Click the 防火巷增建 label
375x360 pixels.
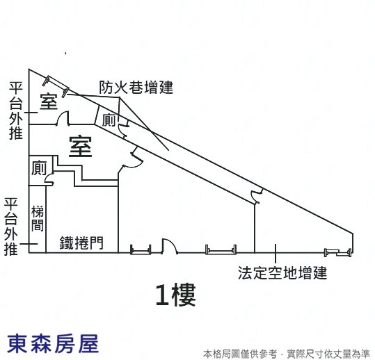click(136, 88)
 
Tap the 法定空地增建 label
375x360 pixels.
click(282, 273)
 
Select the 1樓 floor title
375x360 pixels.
click(176, 295)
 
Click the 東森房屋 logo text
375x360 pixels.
click(53, 344)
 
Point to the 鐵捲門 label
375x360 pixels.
click(81, 243)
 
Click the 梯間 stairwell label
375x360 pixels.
click(38, 218)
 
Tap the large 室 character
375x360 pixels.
click(81, 147)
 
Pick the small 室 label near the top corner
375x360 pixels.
click(49, 101)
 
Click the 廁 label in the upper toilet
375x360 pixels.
click(109, 120)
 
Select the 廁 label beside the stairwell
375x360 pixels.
click(39, 167)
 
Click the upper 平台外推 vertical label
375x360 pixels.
click(16, 111)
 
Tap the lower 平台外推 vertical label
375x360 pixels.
click(11, 226)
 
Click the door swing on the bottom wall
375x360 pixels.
click(170, 246)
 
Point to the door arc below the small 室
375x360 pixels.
click(63, 117)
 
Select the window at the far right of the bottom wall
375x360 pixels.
click(338, 252)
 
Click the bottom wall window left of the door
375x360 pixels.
click(141, 249)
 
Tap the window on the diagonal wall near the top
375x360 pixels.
click(56, 86)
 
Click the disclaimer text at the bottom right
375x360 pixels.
click(287, 354)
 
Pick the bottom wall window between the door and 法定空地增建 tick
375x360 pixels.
click(221, 249)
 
